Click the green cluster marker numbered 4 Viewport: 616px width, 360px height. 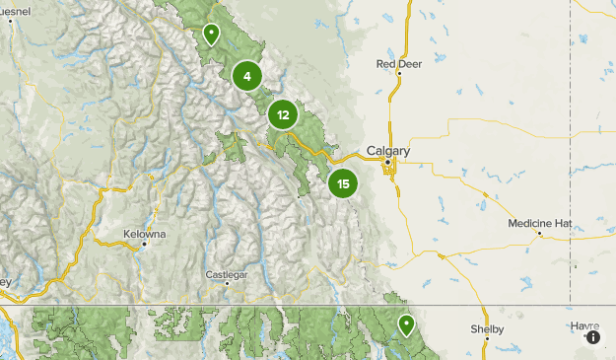(247, 75)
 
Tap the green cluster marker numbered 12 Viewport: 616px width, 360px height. (283, 114)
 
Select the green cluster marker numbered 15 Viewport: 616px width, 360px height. (343, 183)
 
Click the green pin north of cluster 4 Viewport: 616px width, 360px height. (211, 36)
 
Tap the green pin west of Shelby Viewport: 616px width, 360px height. (405, 324)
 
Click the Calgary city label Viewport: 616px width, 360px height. (387, 151)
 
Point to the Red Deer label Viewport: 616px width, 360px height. (398, 63)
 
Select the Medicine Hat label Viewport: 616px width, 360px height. (539, 223)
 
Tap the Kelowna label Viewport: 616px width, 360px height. (144, 234)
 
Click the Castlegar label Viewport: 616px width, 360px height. (227, 273)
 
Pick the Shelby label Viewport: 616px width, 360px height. (487, 328)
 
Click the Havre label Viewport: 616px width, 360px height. (583, 324)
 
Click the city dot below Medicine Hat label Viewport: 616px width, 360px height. (539, 234)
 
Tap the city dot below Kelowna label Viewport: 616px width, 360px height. (144, 244)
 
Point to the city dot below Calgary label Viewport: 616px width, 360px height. (388, 162)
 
